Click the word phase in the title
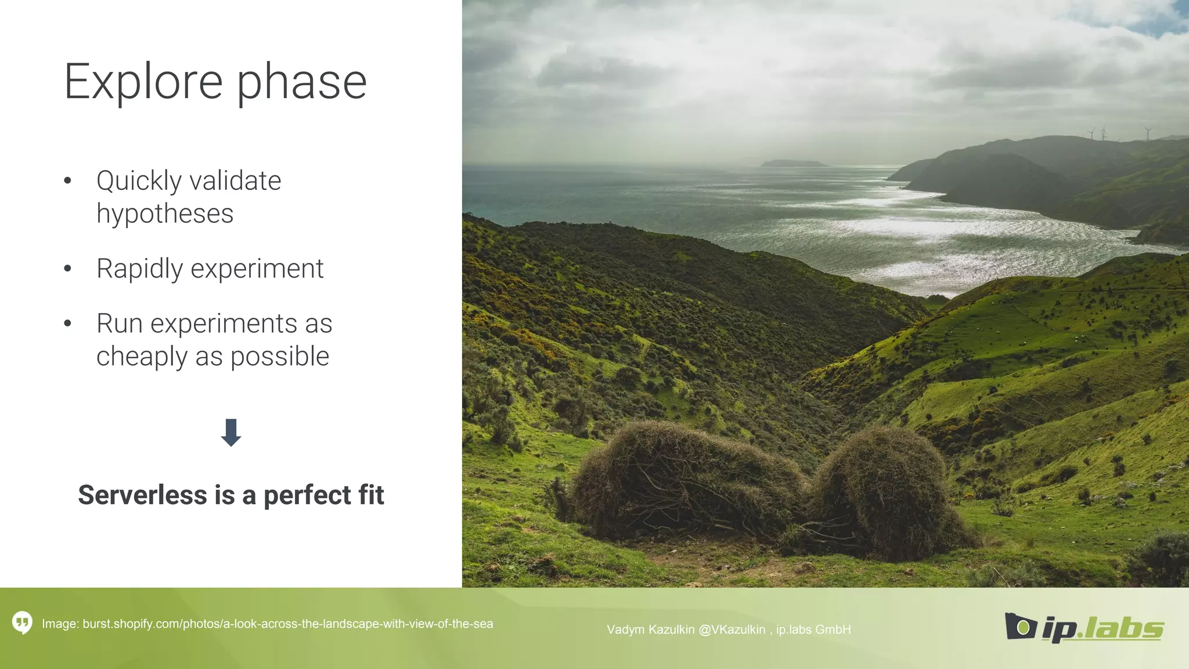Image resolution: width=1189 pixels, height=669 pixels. (301, 82)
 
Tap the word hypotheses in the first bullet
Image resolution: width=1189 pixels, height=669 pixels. (165, 214)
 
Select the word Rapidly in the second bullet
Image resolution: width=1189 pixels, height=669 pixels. (139, 269)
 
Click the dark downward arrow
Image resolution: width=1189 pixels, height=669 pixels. (231, 433)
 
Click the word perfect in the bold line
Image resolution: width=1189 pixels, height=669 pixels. (308, 495)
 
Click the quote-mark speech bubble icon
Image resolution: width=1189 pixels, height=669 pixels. (22, 623)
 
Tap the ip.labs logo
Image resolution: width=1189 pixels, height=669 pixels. (1084, 627)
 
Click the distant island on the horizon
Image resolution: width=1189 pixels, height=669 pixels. (793, 163)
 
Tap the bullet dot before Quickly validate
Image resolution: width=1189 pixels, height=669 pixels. (67, 181)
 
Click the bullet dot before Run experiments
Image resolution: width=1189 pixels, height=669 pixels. (67, 323)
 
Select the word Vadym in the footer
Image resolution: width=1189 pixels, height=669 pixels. (624, 630)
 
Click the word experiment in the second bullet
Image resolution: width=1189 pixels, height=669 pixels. (257, 269)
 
